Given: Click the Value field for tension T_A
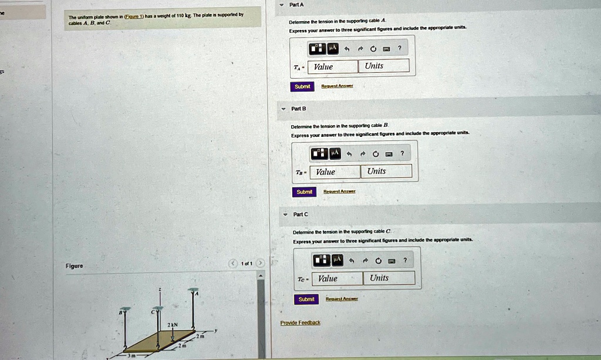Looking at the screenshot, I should [x=333, y=66].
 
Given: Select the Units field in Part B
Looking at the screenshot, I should [x=386, y=171].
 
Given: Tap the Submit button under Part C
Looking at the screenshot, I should [x=306, y=299].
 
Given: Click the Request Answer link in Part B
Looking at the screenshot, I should [x=339, y=191].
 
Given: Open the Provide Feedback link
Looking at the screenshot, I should [x=300, y=322].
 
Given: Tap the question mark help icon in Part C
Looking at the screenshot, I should [x=405, y=260].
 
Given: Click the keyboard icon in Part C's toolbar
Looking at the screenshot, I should [x=392, y=260].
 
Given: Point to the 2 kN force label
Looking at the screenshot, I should [x=172, y=325].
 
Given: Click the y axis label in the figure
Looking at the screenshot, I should [x=215, y=331].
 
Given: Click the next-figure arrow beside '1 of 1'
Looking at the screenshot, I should [x=261, y=263].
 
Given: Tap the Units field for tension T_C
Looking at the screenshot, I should [x=389, y=278].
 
